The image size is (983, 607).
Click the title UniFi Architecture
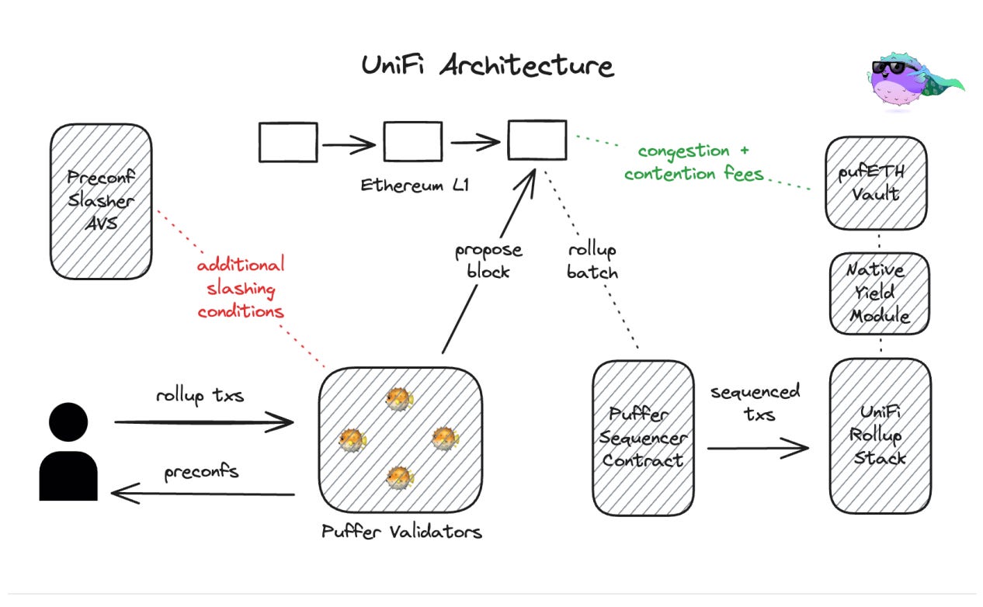tap(488, 65)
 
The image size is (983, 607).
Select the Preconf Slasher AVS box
tap(101, 201)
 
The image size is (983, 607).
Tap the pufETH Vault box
tap(876, 183)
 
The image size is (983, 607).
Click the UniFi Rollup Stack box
tap(879, 435)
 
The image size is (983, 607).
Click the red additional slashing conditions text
tap(241, 289)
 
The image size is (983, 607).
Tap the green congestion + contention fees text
tap(693, 162)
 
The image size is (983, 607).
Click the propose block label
tap(488, 262)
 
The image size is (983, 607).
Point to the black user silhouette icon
tap(68, 453)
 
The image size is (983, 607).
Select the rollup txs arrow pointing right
tap(203, 422)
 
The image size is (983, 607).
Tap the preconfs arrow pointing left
tap(203, 493)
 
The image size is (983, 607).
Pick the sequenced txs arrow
tap(757, 447)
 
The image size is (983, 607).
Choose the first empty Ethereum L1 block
tap(288, 143)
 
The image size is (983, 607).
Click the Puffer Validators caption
tap(401, 532)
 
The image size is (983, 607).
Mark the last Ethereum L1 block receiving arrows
tap(537, 140)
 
